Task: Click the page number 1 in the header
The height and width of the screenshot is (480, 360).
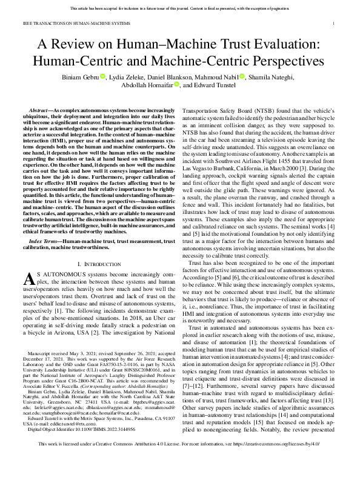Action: click(334, 23)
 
